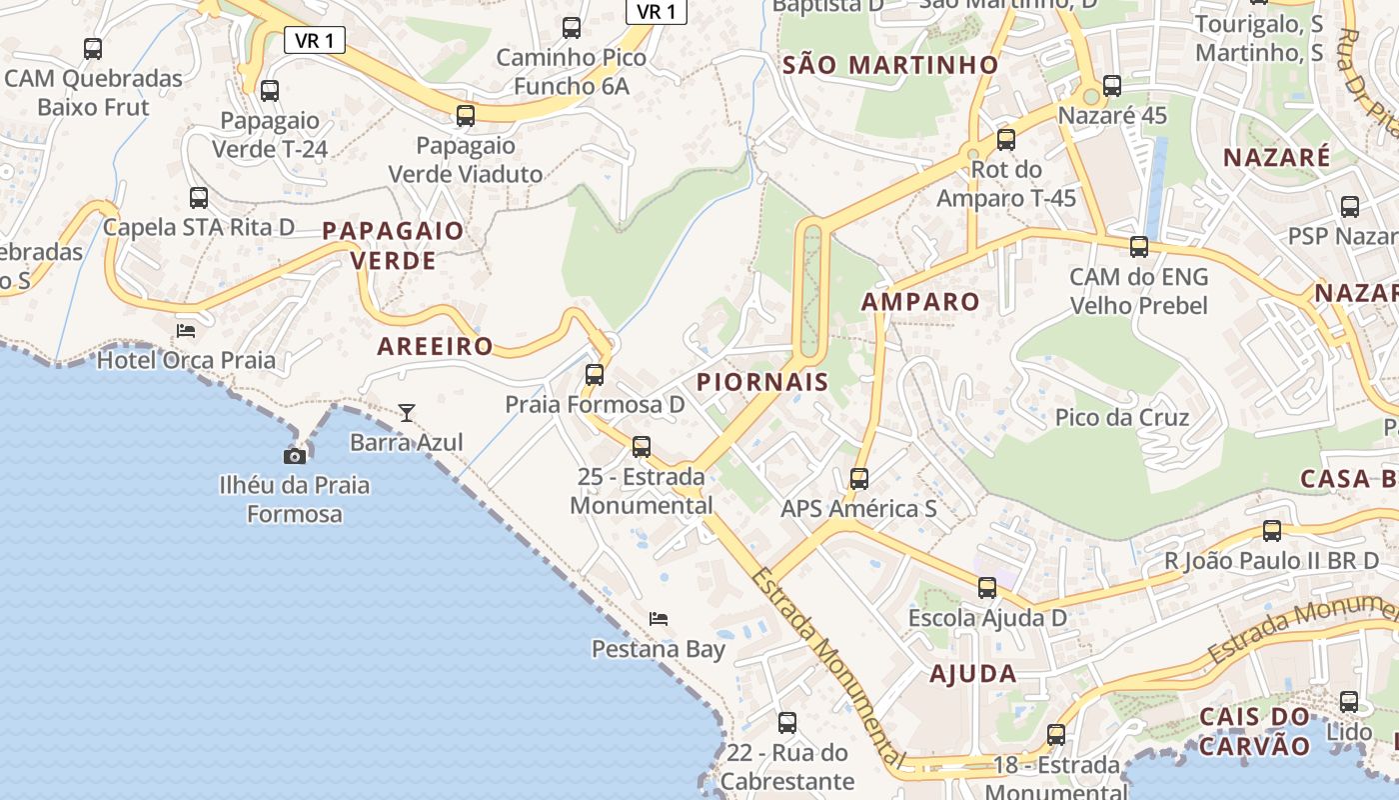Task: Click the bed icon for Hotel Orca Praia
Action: tap(186, 330)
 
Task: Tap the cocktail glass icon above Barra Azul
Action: tap(406, 412)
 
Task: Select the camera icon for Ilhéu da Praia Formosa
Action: tap(295, 456)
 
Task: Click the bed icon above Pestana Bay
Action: tap(658, 618)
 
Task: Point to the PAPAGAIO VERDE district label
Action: tap(393, 246)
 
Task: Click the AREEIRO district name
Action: tap(435, 347)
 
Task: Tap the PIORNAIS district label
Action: tap(762, 381)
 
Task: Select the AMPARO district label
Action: tap(920, 302)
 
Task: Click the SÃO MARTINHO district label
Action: tap(891, 65)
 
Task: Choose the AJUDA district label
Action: tap(973, 673)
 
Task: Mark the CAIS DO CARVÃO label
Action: tap(1254, 731)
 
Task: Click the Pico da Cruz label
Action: tap(1122, 417)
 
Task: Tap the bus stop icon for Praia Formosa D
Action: tap(595, 375)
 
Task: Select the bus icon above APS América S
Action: tap(859, 479)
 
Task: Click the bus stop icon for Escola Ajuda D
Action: tap(987, 588)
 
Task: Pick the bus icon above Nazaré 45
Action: tap(1112, 86)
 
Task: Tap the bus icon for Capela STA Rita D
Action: tap(199, 198)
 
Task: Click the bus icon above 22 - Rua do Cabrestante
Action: tap(787, 722)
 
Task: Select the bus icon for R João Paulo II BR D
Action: tap(1272, 531)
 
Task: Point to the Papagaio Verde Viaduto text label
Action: tap(466, 160)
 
